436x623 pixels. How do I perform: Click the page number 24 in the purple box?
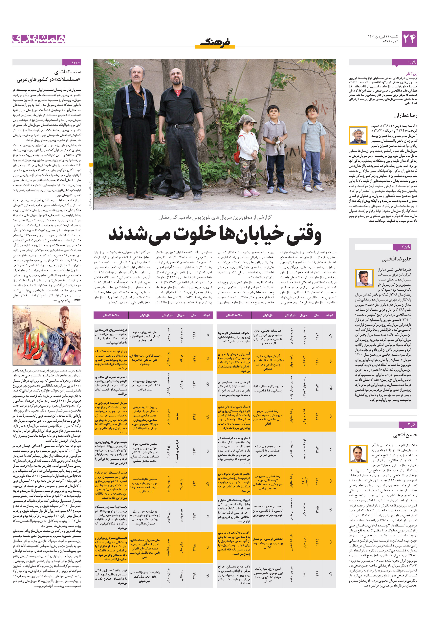[x=409, y=39]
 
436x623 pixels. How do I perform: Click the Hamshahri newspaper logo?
[x=39, y=39]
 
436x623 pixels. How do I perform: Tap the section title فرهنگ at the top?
[x=215, y=42]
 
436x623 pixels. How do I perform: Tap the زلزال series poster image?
[x=47, y=335]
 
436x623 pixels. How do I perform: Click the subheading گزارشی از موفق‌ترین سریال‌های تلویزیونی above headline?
[x=215, y=217]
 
